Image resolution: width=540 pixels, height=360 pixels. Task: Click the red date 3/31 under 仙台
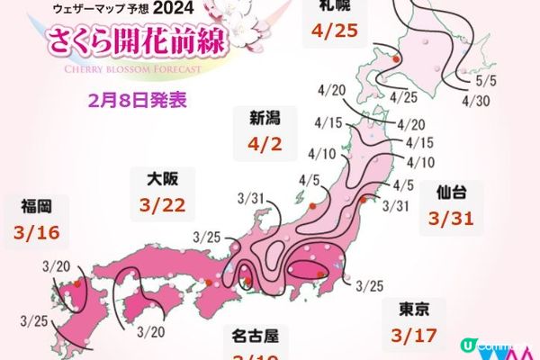[x=452, y=219]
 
